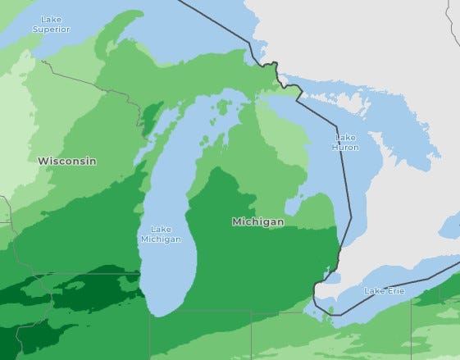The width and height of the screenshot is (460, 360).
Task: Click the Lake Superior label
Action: click(52, 24)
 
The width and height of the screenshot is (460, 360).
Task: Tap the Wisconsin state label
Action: click(66, 161)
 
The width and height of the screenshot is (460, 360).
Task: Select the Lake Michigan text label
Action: click(161, 234)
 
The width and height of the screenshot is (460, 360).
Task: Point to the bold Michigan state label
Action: click(257, 221)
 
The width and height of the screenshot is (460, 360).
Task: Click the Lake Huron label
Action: click(345, 142)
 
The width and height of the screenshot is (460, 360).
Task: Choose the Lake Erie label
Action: click(384, 291)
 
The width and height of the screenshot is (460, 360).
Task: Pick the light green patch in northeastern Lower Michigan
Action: click(283, 139)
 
